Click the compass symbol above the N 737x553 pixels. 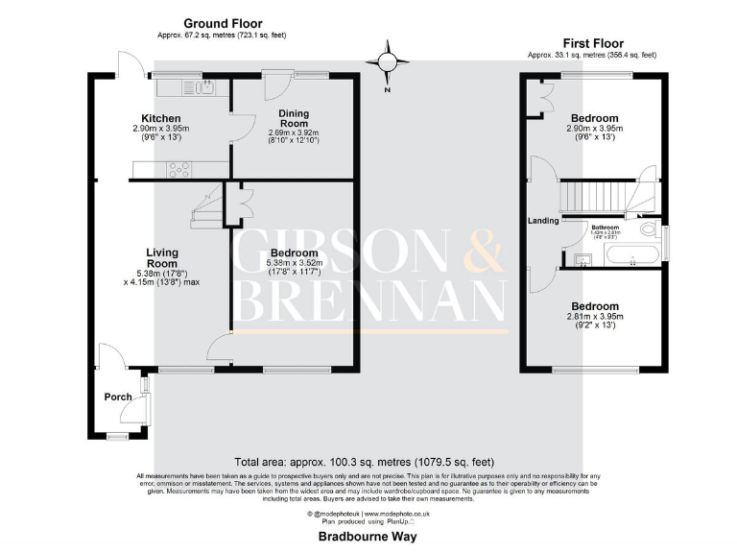coord(387,62)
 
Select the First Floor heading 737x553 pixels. coord(592,43)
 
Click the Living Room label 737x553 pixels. coord(162,257)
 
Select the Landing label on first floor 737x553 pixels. coord(543,222)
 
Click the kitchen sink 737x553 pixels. coord(204,88)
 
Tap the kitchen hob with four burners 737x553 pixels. coord(178,170)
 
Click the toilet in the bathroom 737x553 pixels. coord(651,230)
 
